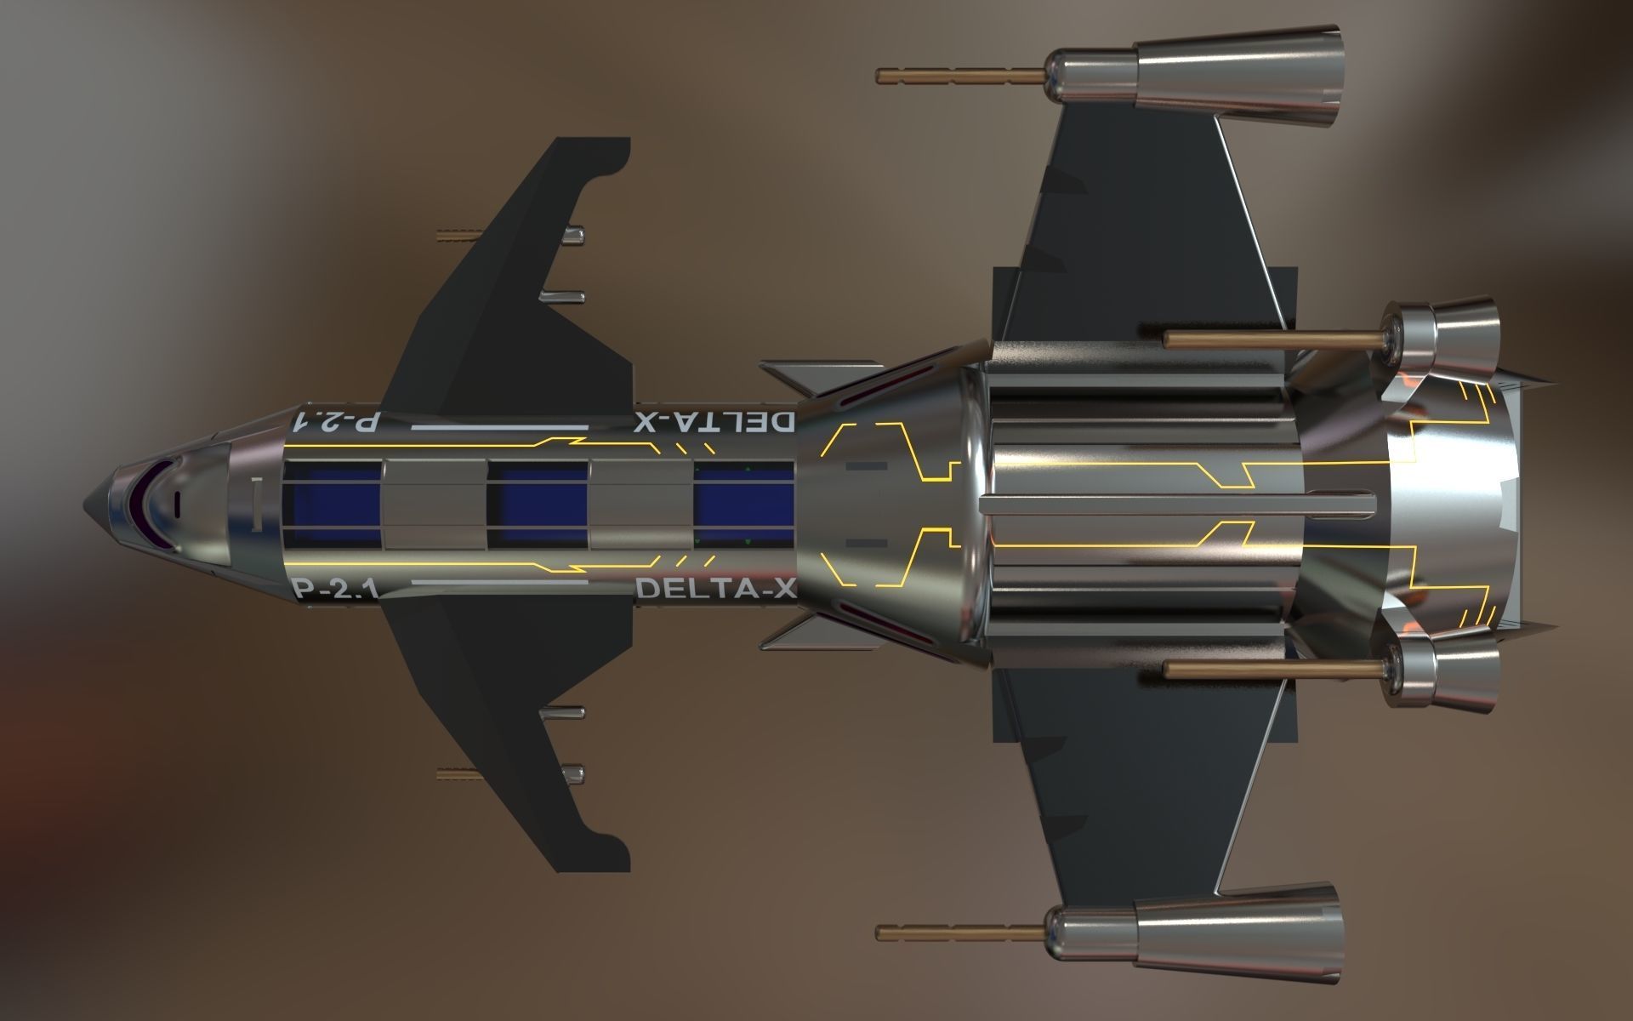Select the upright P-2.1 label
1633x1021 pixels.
pyautogui.click(x=333, y=590)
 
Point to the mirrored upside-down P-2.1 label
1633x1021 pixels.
pyautogui.click(x=333, y=422)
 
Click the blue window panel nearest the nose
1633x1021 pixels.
pyautogui.click(x=332, y=504)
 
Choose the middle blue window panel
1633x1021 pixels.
pyautogui.click(x=538, y=504)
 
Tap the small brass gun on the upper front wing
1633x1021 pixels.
pyautogui.click(x=459, y=234)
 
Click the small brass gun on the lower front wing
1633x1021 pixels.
pyautogui.click(x=459, y=773)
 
